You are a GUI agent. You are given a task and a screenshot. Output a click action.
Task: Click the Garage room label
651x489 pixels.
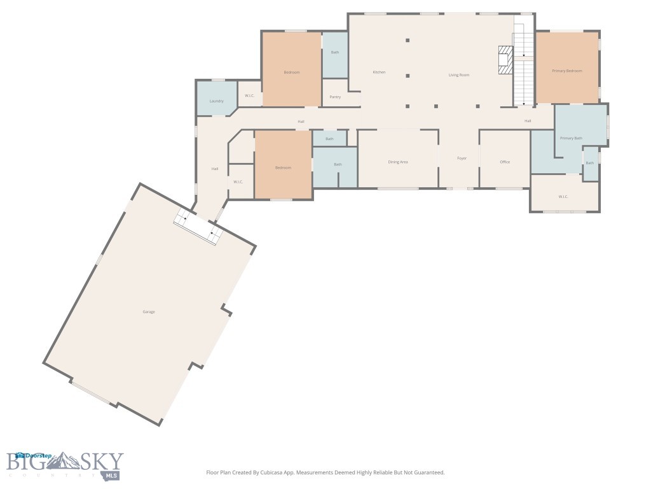point(148,311)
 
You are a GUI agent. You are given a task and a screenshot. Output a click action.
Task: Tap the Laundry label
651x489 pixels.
point(216,101)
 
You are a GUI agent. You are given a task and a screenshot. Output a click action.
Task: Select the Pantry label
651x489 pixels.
point(335,97)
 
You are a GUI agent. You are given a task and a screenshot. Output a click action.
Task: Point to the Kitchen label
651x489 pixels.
point(379,72)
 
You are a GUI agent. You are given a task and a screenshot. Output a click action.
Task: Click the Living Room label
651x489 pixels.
point(458,75)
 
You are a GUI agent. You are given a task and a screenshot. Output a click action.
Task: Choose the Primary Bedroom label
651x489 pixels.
point(566,71)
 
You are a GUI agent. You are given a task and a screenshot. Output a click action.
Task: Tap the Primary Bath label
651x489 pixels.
point(570,138)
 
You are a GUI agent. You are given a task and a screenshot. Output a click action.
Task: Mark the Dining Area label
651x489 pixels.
point(398,162)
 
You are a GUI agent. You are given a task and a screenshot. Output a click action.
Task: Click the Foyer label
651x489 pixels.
point(462,158)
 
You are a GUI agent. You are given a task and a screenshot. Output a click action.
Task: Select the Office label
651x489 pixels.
point(505,162)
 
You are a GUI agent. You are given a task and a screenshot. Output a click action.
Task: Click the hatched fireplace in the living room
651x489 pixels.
point(505,60)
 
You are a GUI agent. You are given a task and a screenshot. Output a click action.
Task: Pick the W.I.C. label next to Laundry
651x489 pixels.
point(249,96)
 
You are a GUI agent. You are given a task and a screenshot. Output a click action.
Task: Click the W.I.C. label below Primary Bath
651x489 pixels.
point(563,197)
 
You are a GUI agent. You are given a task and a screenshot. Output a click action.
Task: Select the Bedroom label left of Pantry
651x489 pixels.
point(291,72)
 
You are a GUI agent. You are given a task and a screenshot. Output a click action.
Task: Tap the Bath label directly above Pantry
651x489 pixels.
point(335,52)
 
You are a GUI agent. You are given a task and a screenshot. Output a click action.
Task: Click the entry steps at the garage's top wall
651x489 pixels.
point(198,227)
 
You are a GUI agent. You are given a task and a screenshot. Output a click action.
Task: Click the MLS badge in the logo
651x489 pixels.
point(113,475)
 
